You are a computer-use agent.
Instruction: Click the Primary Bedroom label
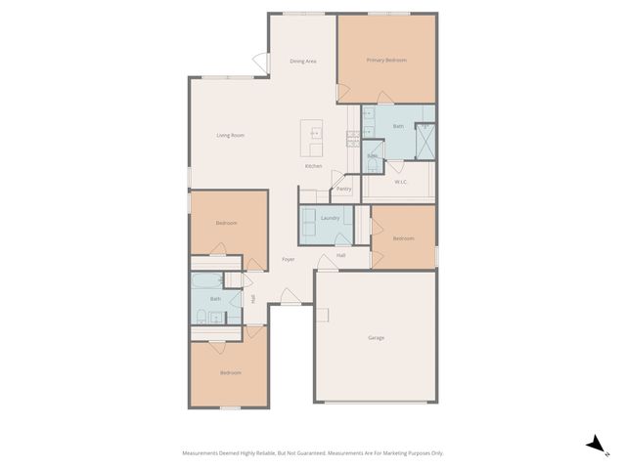click(386, 61)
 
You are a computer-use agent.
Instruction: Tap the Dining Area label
click(303, 62)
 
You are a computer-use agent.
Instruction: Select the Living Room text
click(230, 135)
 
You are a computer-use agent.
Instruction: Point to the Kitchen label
click(313, 166)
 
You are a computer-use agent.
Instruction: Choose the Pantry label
click(343, 189)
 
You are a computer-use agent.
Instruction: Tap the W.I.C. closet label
click(401, 182)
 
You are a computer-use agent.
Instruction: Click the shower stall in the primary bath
click(425, 142)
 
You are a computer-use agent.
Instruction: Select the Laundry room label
click(330, 218)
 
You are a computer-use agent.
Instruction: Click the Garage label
click(376, 338)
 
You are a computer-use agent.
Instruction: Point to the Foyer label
click(289, 260)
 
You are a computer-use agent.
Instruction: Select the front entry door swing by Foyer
click(291, 296)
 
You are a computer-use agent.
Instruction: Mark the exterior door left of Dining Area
click(260, 62)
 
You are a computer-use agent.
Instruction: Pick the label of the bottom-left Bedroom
click(230, 372)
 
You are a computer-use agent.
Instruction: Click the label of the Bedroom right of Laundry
click(403, 238)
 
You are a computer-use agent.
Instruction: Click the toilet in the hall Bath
click(201, 316)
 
